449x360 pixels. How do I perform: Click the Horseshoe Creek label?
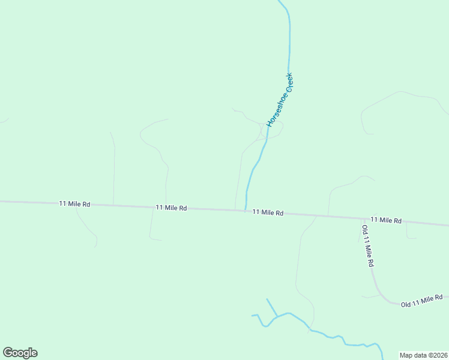coord(280,100)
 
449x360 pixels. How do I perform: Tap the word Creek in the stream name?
coord(288,83)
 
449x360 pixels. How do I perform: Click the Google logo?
coord(20,353)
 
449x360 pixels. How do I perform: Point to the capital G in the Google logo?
coord(8,352)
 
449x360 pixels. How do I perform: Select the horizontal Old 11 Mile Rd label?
coord(421,301)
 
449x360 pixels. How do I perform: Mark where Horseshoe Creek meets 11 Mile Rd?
coord(245,210)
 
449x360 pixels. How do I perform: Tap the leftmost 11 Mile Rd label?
coord(74,204)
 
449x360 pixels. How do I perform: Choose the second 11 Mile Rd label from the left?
coord(171,208)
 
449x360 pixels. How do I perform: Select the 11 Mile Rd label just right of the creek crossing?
coord(268,212)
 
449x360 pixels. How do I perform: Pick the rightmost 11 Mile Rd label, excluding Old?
coord(386,220)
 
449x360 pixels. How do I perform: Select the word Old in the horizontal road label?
coord(407,304)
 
